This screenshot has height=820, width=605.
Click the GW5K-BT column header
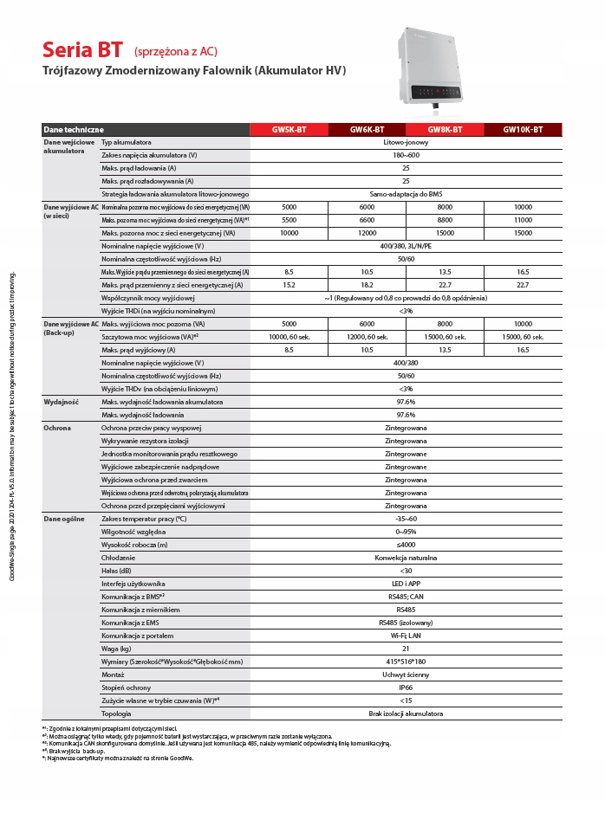point(289,130)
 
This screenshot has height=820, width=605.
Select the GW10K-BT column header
point(523,130)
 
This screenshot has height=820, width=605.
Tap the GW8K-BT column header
point(445,130)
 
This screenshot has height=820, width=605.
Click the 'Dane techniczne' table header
point(74,130)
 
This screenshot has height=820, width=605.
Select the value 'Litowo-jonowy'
point(406,141)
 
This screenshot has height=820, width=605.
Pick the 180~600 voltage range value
point(406,154)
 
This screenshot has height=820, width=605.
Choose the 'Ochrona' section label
point(57,428)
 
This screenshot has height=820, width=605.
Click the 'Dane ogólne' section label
point(62,518)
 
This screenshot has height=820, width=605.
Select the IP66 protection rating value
point(406,688)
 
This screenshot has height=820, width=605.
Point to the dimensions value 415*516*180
point(406,662)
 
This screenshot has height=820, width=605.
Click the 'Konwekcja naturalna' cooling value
point(406,558)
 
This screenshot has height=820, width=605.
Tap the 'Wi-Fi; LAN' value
point(406,636)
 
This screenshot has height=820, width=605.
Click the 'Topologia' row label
point(116,713)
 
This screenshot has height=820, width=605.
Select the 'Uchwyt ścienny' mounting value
point(406,675)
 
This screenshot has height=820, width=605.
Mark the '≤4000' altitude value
point(406,545)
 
